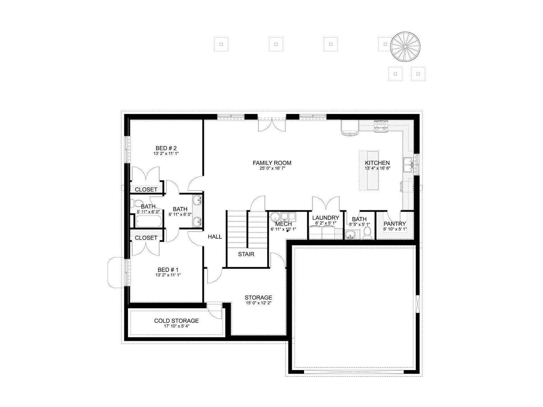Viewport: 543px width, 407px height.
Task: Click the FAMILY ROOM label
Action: pyautogui.click(x=272, y=163)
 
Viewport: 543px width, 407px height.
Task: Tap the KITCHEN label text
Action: pyautogui.click(x=377, y=163)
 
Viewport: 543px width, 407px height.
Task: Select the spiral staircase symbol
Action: pyautogui.click(x=405, y=46)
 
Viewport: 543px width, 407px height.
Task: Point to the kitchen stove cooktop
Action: pyautogui.click(x=381, y=126)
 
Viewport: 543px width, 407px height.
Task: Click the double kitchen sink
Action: pyautogui.click(x=408, y=164)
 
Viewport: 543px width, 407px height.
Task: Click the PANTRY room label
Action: pyautogui.click(x=395, y=224)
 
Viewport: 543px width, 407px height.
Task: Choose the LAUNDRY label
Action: pyautogui.click(x=325, y=218)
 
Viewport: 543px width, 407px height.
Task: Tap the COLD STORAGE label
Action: pyautogui.click(x=176, y=321)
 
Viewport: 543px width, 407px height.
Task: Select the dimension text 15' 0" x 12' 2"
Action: pyautogui.click(x=259, y=303)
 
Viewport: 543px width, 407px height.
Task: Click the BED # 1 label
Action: pyautogui.click(x=168, y=270)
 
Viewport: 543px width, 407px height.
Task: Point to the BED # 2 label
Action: pyautogui.click(x=166, y=148)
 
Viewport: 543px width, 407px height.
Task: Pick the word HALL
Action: pyautogui.click(x=215, y=237)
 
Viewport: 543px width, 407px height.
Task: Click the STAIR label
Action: pyautogui.click(x=246, y=254)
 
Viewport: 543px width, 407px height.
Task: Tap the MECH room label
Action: pyautogui.click(x=283, y=224)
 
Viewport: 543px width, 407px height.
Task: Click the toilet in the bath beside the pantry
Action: pyautogui.click(x=367, y=233)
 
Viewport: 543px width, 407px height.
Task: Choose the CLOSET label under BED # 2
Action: pyautogui.click(x=146, y=190)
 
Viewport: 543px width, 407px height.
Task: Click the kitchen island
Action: pyautogui.click(x=369, y=171)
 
